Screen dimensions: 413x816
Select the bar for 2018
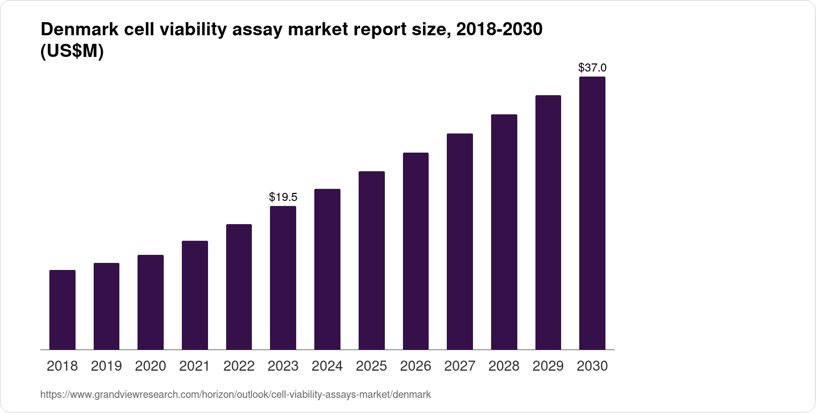tap(62, 310)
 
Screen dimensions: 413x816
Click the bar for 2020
tap(151, 302)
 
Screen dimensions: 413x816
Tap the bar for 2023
tap(283, 278)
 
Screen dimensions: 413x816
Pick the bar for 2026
tap(416, 251)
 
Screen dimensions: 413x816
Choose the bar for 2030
tap(592, 213)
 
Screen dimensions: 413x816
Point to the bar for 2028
tap(504, 232)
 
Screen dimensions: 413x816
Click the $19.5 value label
tap(283, 197)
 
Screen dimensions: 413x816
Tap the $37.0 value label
tap(592, 67)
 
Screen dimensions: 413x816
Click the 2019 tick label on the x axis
tap(106, 366)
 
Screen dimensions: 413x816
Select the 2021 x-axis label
tap(194, 366)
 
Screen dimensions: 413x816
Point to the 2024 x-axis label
tap(327, 366)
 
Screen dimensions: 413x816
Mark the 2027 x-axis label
tap(460, 366)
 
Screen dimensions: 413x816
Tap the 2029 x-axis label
tap(548, 366)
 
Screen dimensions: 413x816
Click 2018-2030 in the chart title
tap(499, 30)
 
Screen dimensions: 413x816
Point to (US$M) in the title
tap(72, 51)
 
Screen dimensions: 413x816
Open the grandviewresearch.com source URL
tap(235, 394)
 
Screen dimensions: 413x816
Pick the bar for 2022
tap(239, 287)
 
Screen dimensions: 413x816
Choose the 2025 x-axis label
tap(371, 366)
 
